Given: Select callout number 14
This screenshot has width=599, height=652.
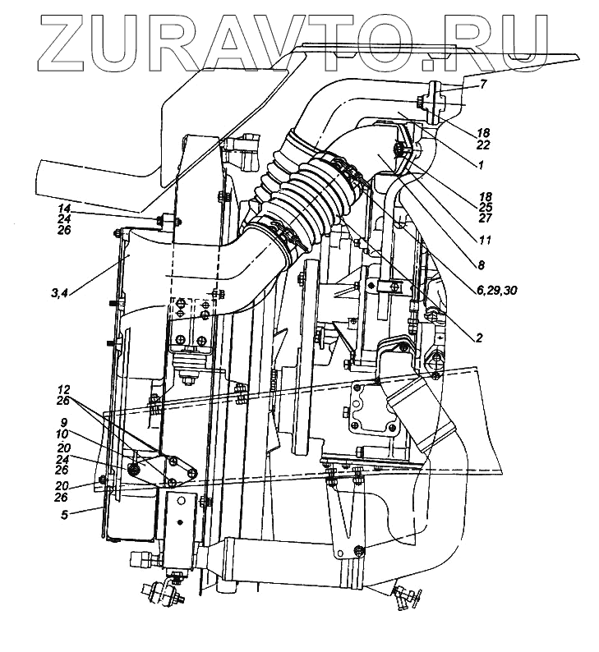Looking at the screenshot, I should (64, 209).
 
